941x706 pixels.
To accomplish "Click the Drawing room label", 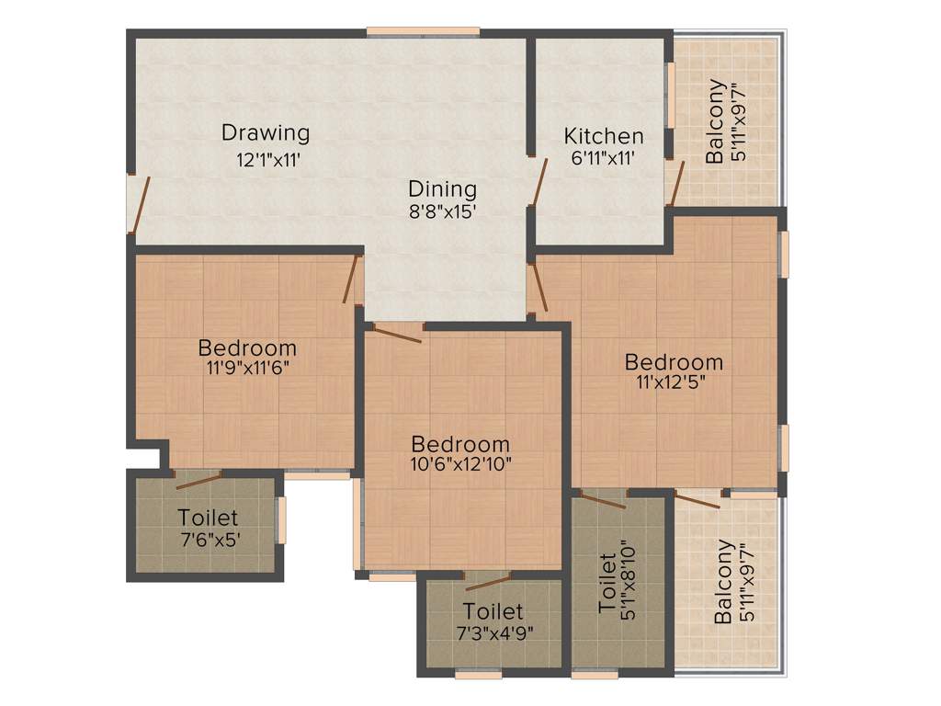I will [266, 132].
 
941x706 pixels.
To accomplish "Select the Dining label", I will [443, 189].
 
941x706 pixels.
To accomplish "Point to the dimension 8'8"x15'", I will [444, 211].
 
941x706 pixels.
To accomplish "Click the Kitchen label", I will [604, 136].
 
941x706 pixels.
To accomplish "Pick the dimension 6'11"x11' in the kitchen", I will [604, 158].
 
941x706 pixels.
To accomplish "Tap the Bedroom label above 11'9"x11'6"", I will [247, 348].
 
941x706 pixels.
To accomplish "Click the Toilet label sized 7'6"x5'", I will [208, 518].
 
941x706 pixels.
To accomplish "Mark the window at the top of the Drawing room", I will [423, 32].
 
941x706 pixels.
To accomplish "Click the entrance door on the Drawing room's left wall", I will [139, 204].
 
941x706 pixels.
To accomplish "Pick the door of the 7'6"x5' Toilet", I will [198, 480].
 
